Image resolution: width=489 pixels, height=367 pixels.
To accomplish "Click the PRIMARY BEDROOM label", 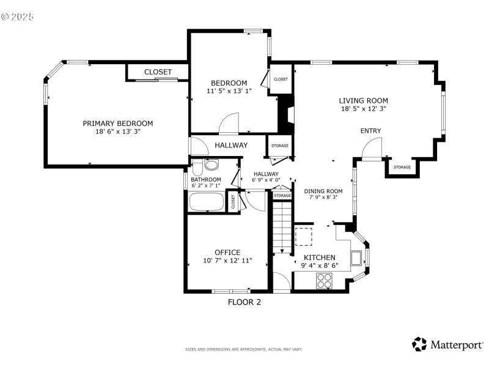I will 118,123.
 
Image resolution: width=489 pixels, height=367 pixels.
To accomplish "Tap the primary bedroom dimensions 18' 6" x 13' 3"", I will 118,132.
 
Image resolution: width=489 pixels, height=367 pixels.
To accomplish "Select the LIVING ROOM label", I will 364,100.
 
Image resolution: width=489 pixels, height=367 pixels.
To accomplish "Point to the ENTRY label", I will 370,131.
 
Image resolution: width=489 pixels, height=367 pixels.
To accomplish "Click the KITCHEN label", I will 319,258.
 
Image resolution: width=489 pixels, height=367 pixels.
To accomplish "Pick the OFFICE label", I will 227,252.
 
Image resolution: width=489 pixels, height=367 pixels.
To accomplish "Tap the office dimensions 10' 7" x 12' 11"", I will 227,261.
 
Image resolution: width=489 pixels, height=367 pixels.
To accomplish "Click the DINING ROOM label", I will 323,191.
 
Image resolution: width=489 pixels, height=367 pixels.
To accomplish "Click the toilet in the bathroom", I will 211,165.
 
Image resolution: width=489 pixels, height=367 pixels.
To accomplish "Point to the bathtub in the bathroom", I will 207,202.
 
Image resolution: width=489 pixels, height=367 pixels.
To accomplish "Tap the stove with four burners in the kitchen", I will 324,281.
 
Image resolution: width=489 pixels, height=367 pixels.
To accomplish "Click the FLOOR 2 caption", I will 244,302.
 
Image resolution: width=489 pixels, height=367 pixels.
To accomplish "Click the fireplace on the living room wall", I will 285,116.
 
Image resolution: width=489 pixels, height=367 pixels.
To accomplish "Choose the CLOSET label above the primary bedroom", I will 158,72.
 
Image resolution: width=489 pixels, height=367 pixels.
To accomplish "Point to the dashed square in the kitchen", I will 304,235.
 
